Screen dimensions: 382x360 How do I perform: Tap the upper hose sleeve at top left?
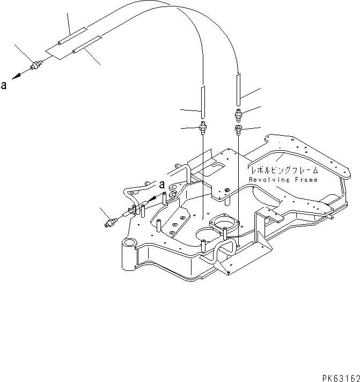pyautogui.click(x=70, y=36)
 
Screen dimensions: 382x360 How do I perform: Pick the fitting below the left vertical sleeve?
pyautogui.click(x=203, y=128)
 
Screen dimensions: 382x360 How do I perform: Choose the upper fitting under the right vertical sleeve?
pyautogui.click(x=238, y=113)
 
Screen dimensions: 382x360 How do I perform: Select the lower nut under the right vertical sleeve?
pyautogui.click(x=238, y=129)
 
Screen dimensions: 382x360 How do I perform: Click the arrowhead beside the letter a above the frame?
pyautogui.click(x=154, y=198)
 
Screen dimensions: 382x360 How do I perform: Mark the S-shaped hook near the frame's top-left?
pyautogui.click(x=173, y=189)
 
